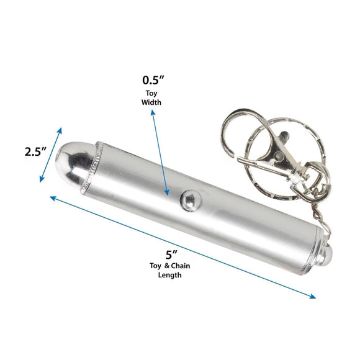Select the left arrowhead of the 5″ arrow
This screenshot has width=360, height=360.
(x=52, y=197)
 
